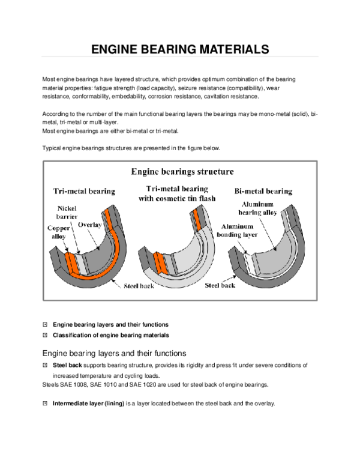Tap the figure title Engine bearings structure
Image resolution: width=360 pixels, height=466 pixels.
pos(182,172)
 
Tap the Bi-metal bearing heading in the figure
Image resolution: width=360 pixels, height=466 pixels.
pos(263,191)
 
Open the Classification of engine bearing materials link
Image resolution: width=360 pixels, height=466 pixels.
pos(110,334)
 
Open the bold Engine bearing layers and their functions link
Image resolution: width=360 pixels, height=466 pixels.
pos(110,324)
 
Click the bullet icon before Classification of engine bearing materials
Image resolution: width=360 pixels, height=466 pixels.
pos(45,334)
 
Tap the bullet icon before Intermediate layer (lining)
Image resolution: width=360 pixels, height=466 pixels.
pos(45,404)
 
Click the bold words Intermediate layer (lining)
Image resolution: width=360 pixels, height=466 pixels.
pos(88,404)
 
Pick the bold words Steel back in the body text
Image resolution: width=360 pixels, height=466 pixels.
pos(66,365)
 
